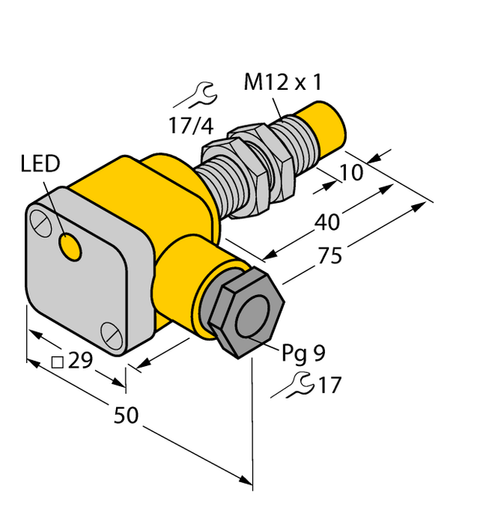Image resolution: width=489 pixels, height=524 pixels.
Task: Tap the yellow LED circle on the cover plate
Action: [71, 248]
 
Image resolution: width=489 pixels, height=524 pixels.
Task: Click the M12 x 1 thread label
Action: [282, 84]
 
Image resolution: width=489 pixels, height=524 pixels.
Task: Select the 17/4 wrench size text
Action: [190, 125]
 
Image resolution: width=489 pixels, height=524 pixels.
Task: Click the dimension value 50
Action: [126, 416]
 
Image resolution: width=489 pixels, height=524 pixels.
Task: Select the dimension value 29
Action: [80, 360]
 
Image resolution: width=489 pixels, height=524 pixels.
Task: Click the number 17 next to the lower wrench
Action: [329, 385]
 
